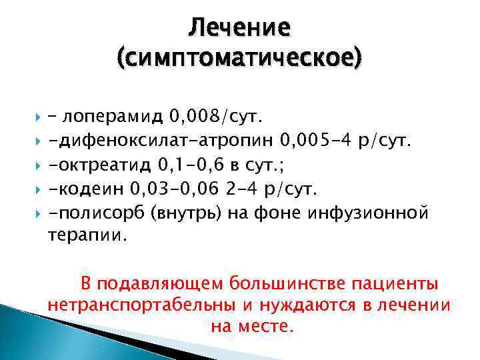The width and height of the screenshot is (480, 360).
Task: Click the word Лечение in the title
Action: pyautogui.click(x=239, y=28)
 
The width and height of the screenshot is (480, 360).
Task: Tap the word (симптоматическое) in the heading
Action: pyautogui.click(x=240, y=61)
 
